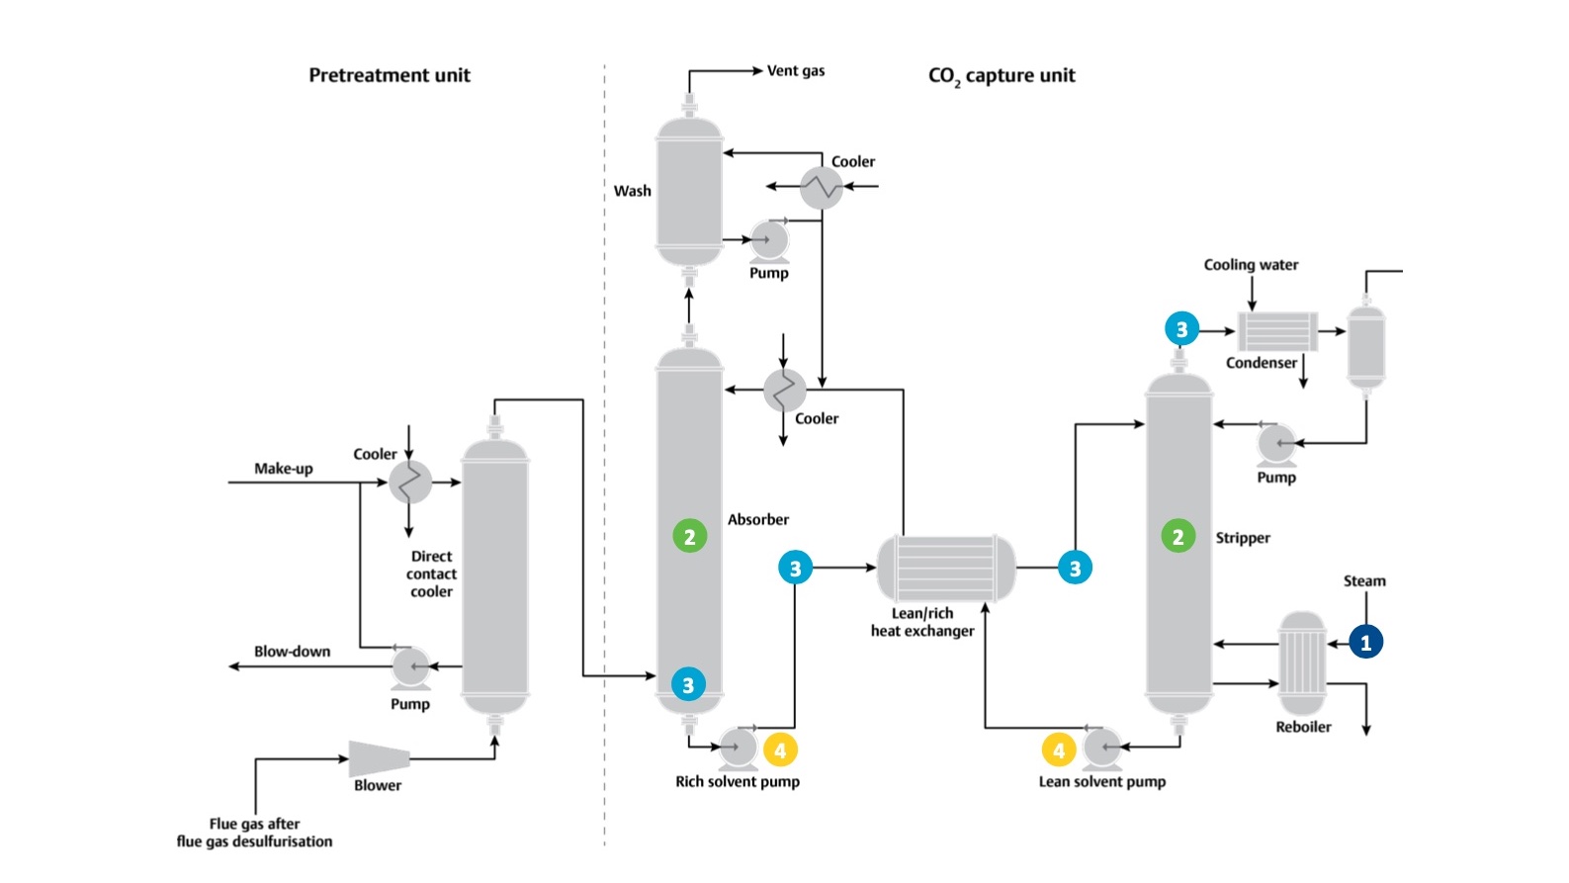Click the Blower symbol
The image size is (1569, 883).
[x=380, y=758]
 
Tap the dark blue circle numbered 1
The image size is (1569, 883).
[x=1365, y=642]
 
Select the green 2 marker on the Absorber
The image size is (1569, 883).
[x=689, y=537]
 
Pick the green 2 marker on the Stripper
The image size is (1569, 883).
[x=1177, y=537]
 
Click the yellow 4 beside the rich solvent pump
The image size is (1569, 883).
[x=780, y=751]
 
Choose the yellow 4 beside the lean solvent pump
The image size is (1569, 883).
[x=1058, y=751]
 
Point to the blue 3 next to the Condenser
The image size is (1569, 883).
[x=1181, y=329]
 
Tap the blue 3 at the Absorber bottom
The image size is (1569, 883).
[x=688, y=684]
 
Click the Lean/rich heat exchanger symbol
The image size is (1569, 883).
[x=946, y=569]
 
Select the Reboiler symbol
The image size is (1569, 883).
[x=1302, y=663]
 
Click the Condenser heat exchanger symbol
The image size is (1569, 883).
[x=1277, y=331]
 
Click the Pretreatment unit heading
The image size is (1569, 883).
[x=390, y=75]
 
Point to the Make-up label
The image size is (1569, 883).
[x=283, y=469]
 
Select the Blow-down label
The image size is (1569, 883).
[x=292, y=652]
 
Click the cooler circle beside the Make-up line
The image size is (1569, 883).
[x=409, y=483]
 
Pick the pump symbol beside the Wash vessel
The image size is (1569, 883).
[x=768, y=240]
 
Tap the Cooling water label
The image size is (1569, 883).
[x=1251, y=265]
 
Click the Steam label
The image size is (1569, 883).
[x=1363, y=581]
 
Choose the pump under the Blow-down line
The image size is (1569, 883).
[x=409, y=667]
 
